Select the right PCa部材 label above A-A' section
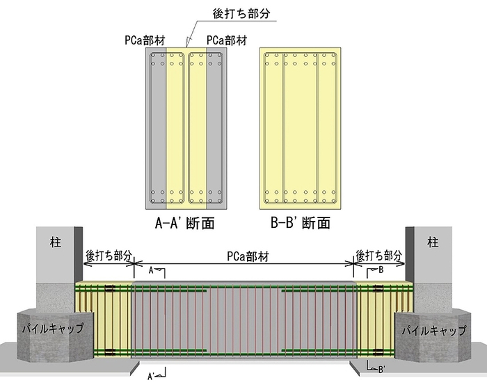pyautogui.click(x=227, y=40)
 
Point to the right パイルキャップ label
pyautogui.click(x=433, y=329)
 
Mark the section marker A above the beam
pyautogui.click(x=152, y=272)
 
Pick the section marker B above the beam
pyautogui.click(x=380, y=270)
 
